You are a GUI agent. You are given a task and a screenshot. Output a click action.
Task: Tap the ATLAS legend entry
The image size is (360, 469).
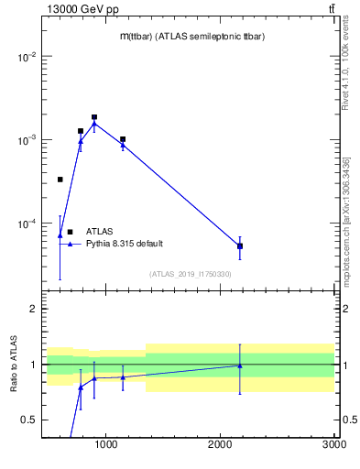click(x=100, y=232)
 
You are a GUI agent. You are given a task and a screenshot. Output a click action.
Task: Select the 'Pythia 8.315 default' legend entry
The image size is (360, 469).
click(x=125, y=244)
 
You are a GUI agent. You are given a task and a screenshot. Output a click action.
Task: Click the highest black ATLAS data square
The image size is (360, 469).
click(x=94, y=117)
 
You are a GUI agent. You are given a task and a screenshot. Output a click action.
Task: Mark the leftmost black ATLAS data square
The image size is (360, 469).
click(x=60, y=180)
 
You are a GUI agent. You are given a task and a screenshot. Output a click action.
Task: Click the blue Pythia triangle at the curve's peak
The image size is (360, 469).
click(x=94, y=124)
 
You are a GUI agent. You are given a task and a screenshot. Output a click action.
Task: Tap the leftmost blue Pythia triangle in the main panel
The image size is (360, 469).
click(x=60, y=235)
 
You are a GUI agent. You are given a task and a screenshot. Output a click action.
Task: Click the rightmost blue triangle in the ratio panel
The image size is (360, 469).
click(x=240, y=365)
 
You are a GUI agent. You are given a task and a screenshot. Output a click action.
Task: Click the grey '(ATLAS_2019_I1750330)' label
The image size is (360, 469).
click(x=191, y=274)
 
